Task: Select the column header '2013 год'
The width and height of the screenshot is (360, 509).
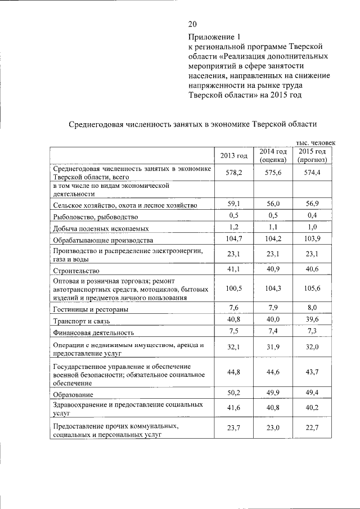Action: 233,155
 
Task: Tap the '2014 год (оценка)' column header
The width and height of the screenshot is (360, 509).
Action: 273,155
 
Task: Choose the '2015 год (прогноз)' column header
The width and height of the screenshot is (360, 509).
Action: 312,155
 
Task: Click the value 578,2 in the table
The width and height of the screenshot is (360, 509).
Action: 233,173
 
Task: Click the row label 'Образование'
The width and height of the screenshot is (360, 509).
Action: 73,395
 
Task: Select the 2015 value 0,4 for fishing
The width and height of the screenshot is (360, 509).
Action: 312,216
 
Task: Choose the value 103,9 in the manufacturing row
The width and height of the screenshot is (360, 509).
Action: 312,239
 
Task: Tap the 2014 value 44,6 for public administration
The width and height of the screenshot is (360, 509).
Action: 273,371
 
